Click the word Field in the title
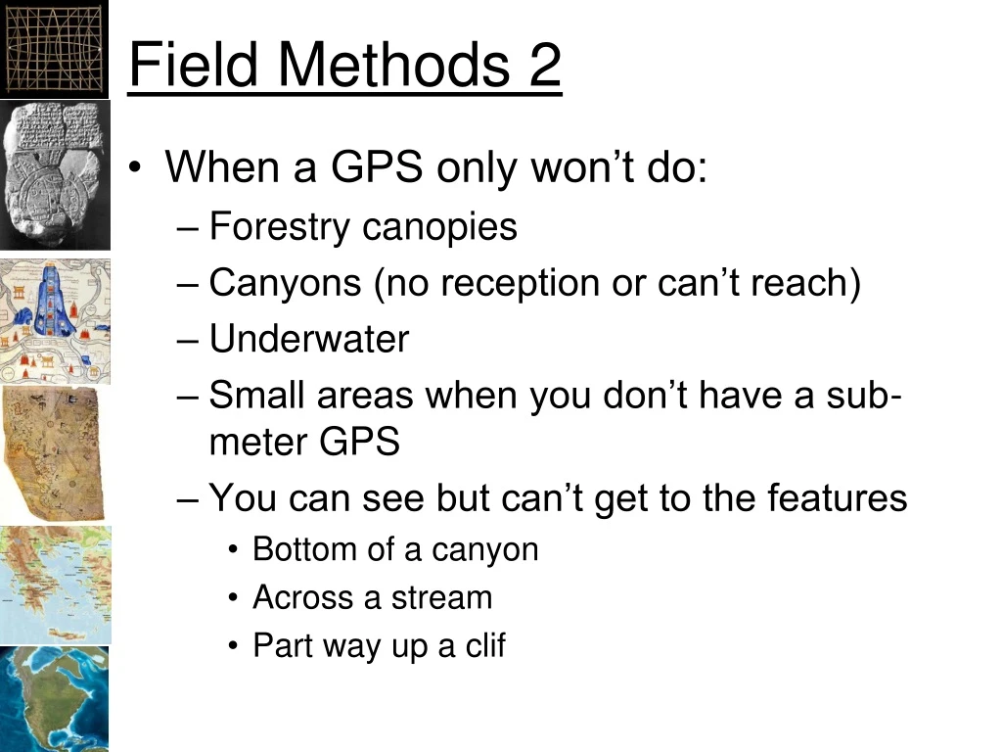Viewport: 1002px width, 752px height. tap(194, 65)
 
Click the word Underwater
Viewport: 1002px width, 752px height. tap(309, 339)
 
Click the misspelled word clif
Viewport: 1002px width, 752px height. tap(485, 646)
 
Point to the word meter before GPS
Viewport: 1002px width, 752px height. tap(258, 443)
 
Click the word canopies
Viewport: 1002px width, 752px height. tap(439, 227)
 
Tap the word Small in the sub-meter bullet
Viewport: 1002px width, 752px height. tap(256, 396)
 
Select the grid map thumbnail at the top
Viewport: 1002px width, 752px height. tap(53, 47)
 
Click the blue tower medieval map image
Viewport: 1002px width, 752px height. tap(55, 321)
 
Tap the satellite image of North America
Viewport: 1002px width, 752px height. tap(54, 699)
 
